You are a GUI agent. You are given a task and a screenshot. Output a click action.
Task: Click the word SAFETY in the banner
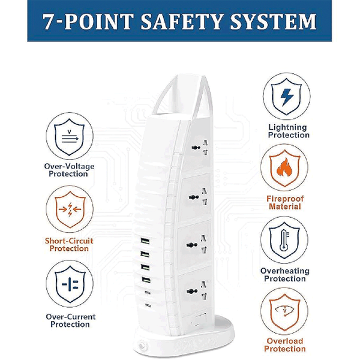181,22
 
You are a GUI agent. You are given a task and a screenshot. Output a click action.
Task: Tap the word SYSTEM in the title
273,22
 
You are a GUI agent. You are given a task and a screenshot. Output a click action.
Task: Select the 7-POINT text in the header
88,22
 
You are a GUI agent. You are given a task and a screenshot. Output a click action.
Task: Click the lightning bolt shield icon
286,97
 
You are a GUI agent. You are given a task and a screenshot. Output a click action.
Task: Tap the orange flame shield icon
284,168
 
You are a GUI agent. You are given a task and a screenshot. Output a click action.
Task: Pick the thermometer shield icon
284,240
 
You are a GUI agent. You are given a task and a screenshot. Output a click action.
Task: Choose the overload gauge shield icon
284,312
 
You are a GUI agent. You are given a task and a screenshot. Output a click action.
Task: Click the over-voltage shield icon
70,136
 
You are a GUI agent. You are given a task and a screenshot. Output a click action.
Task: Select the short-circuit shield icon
70,209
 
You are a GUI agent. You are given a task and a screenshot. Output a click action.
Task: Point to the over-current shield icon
70,284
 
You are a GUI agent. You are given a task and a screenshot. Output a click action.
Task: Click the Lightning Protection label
289,131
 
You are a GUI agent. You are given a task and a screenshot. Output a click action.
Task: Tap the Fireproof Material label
285,203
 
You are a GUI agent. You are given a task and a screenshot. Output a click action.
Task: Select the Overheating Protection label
285,275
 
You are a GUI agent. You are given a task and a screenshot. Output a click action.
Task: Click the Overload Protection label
284,345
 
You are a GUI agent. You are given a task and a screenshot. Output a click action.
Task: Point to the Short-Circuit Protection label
69,245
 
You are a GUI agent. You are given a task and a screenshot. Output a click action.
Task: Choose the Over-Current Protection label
70,320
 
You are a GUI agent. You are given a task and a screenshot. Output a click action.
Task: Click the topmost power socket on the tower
199,148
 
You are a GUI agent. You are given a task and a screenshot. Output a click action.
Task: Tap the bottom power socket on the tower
197,291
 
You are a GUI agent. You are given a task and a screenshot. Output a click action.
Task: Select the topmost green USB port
145,241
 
